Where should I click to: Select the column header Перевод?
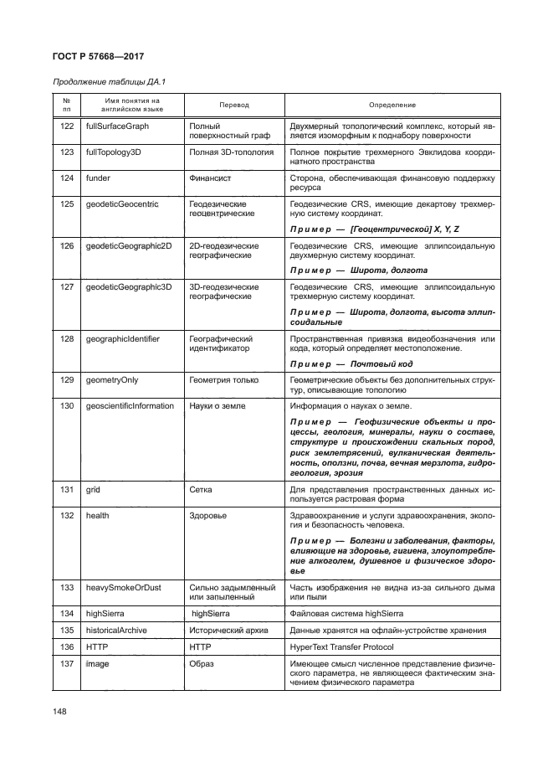coord(234,105)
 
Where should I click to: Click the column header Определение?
coord(392,105)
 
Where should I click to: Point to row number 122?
coord(67,126)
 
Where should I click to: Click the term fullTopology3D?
coord(115,152)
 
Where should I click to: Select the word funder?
coord(98,178)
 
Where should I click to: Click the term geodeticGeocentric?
coord(122,203)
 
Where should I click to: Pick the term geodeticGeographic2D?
coord(127,246)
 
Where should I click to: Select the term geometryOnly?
coord(112,381)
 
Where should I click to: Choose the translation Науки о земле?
coord(219,406)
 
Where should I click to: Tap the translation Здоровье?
coord(208,515)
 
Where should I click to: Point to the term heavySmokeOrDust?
coord(122,589)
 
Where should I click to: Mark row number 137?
coord(67,664)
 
